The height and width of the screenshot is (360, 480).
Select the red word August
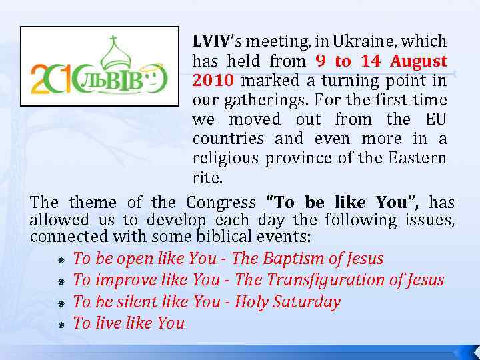point(419,61)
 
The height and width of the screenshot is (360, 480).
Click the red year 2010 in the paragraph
point(213,81)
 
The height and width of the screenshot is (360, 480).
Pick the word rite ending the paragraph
point(206,178)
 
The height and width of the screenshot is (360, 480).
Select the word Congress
point(221,202)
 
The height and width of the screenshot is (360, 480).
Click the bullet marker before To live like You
point(61,325)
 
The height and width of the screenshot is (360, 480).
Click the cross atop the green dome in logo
point(115,39)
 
